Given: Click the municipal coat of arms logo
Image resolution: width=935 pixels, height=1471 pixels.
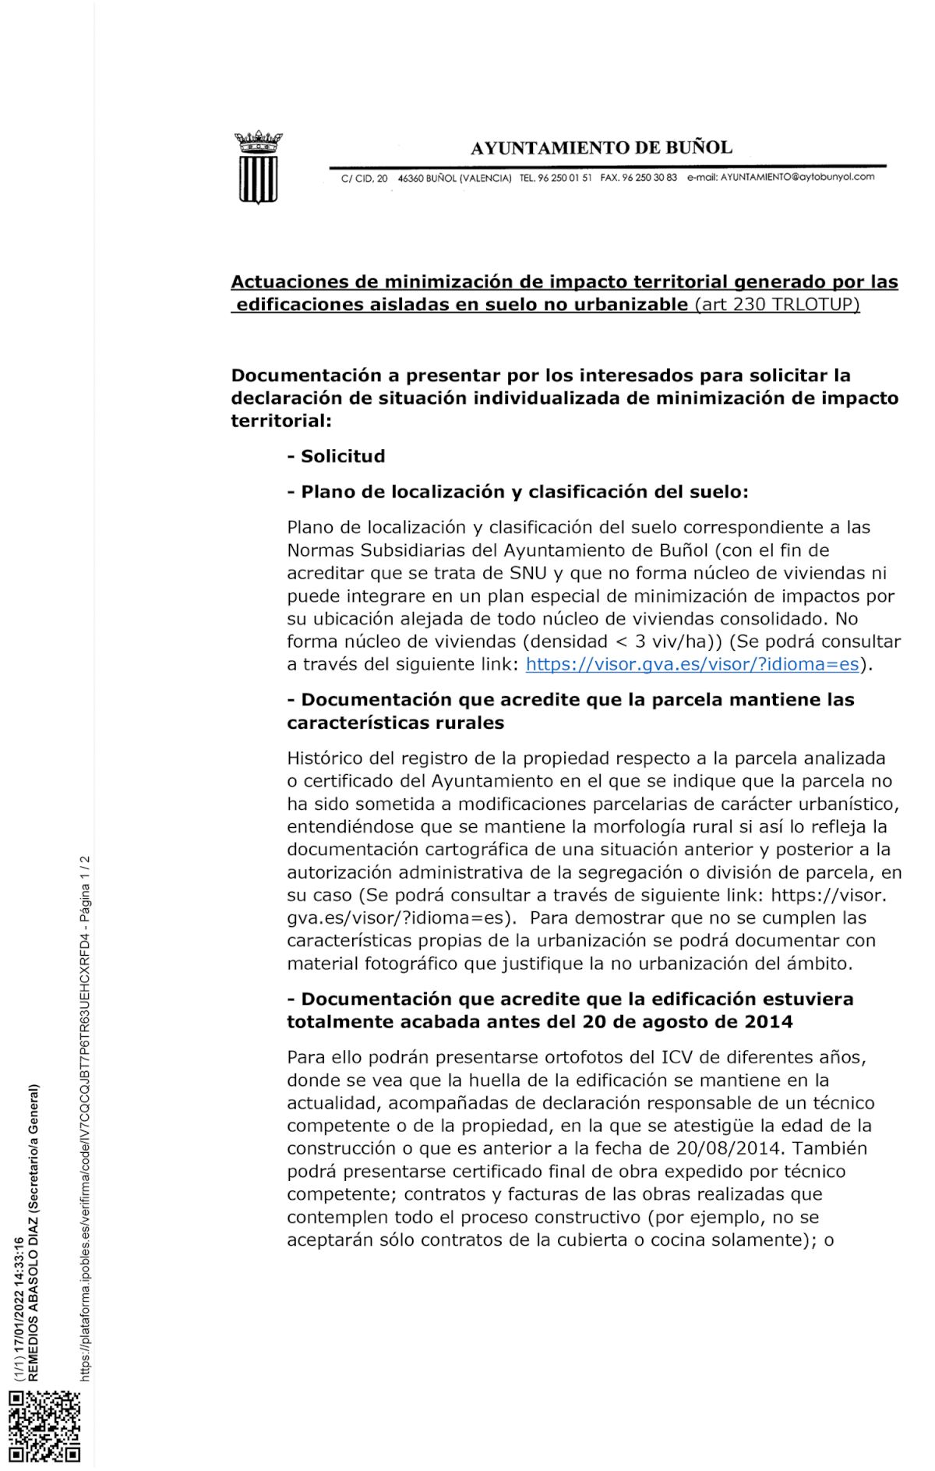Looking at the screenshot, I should point(258,168).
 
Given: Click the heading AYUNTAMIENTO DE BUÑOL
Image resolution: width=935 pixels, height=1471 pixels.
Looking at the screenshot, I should point(601,147).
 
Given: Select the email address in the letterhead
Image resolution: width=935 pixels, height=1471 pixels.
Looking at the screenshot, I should point(797,177).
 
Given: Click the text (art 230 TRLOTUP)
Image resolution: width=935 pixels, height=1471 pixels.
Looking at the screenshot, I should point(777,304).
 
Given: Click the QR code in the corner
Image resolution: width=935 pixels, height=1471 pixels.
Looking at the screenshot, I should point(44,1427).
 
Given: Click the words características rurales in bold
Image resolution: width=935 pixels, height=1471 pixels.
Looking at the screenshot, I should point(395,723).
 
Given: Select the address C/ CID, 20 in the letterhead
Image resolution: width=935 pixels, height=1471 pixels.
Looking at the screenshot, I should point(364,179).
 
